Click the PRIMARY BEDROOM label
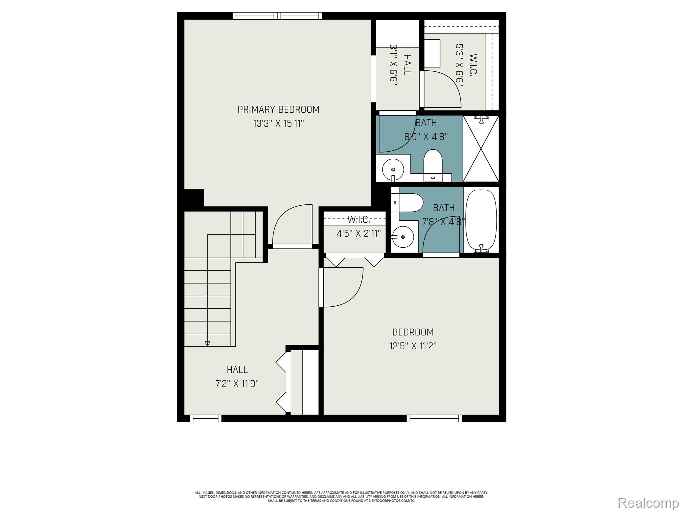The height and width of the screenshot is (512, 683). (x=278, y=109)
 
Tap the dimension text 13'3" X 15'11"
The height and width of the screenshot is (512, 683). (x=278, y=124)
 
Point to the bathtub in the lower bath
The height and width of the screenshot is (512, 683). (x=481, y=220)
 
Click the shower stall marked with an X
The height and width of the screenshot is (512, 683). (x=481, y=149)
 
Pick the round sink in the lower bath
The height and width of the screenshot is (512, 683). (x=403, y=237)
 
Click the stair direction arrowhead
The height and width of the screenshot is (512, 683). (x=207, y=344)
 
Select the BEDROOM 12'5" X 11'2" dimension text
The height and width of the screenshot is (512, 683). (x=413, y=346)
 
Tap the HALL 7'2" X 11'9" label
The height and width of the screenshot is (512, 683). (x=237, y=377)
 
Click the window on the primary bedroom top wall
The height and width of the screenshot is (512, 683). (x=277, y=16)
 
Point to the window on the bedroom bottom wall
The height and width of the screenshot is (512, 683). (x=435, y=418)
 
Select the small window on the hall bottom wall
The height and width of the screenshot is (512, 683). (x=205, y=418)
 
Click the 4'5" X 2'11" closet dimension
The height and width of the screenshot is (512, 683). (x=359, y=233)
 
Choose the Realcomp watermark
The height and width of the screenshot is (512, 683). (x=648, y=503)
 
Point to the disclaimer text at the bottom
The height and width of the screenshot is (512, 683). (x=341, y=496)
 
